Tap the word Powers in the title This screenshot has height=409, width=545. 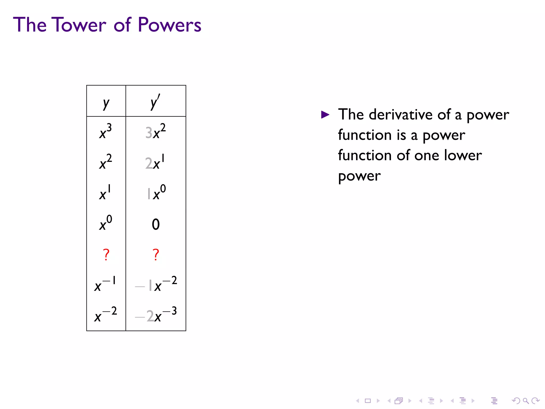[x=170, y=25]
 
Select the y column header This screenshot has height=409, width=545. [x=106, y=103]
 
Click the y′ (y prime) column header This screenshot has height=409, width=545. [x=155, y=103]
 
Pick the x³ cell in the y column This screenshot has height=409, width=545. [x=106, y=132]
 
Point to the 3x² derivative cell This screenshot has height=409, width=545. [x=156, y=132]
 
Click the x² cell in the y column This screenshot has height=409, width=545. [x=106, y=162]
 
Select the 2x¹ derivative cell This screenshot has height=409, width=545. [x=155, y=162]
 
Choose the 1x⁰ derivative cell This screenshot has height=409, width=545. [x=156, y=193]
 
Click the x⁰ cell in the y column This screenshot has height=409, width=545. [x=106, y=223]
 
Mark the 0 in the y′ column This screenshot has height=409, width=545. [x=156, y=224]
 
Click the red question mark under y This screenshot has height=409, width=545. [x=106, y=255]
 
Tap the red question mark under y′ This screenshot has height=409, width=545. [x=156, y=255]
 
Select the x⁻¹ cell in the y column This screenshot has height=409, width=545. [x=105, y=284]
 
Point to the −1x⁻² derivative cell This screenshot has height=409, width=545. [x=156, y=284]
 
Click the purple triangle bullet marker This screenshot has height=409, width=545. [x=325, y=115]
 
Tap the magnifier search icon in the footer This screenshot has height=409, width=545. [x=526, y=400]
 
